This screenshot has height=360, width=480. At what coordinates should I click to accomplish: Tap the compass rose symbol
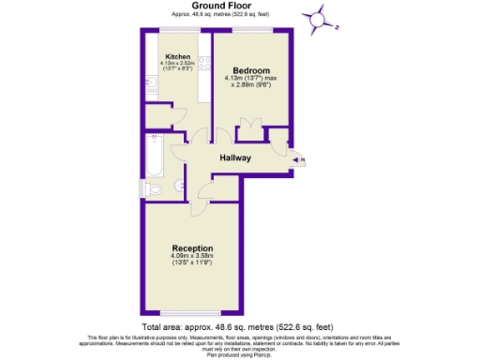coord(319,18)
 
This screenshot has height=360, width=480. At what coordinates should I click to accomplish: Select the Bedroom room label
coord(251,71)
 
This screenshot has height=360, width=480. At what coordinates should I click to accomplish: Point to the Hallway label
coord(234,158)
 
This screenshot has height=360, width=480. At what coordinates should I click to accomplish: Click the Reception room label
coord(192,248)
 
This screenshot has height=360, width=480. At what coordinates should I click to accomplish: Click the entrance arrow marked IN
coord(300,161)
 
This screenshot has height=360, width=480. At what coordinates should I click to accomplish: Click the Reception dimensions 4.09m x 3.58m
coord(192,257)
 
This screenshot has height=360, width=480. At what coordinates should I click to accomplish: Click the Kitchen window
coord(178,31)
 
